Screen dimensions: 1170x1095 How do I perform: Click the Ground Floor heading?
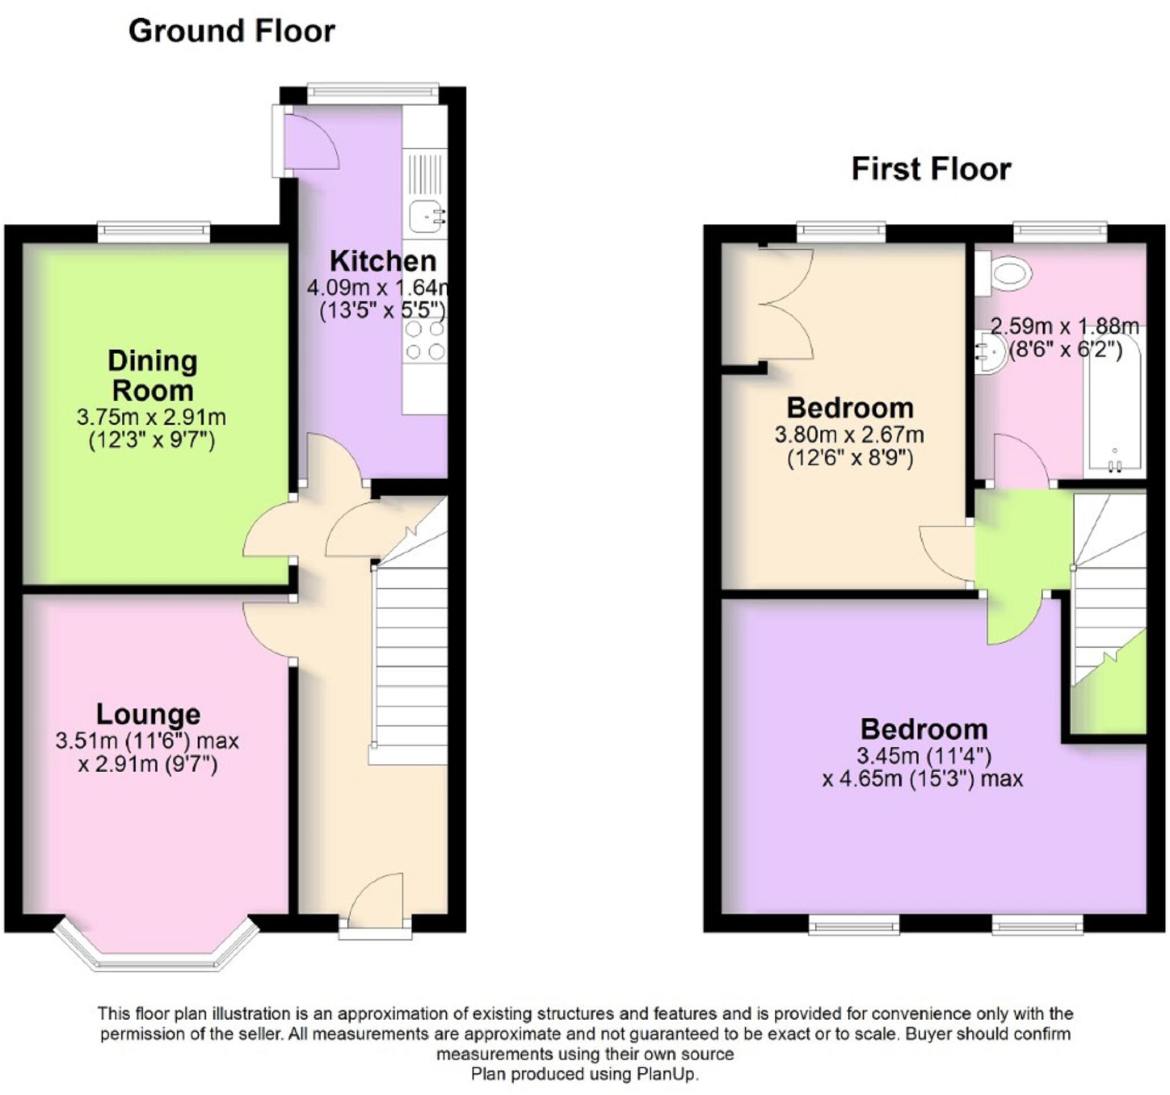tap(231, 31)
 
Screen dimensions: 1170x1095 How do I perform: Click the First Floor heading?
tap(931, 169)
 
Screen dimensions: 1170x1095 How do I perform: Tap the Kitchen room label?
tap(383, 260)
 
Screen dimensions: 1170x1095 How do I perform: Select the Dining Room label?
tap(152, 375)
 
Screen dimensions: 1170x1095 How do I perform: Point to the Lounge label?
tap(149, 715)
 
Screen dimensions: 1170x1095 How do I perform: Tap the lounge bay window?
tap(156, 942)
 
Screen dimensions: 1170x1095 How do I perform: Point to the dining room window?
tap(154, 232)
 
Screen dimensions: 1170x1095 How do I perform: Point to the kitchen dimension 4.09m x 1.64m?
tap(379, 288)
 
